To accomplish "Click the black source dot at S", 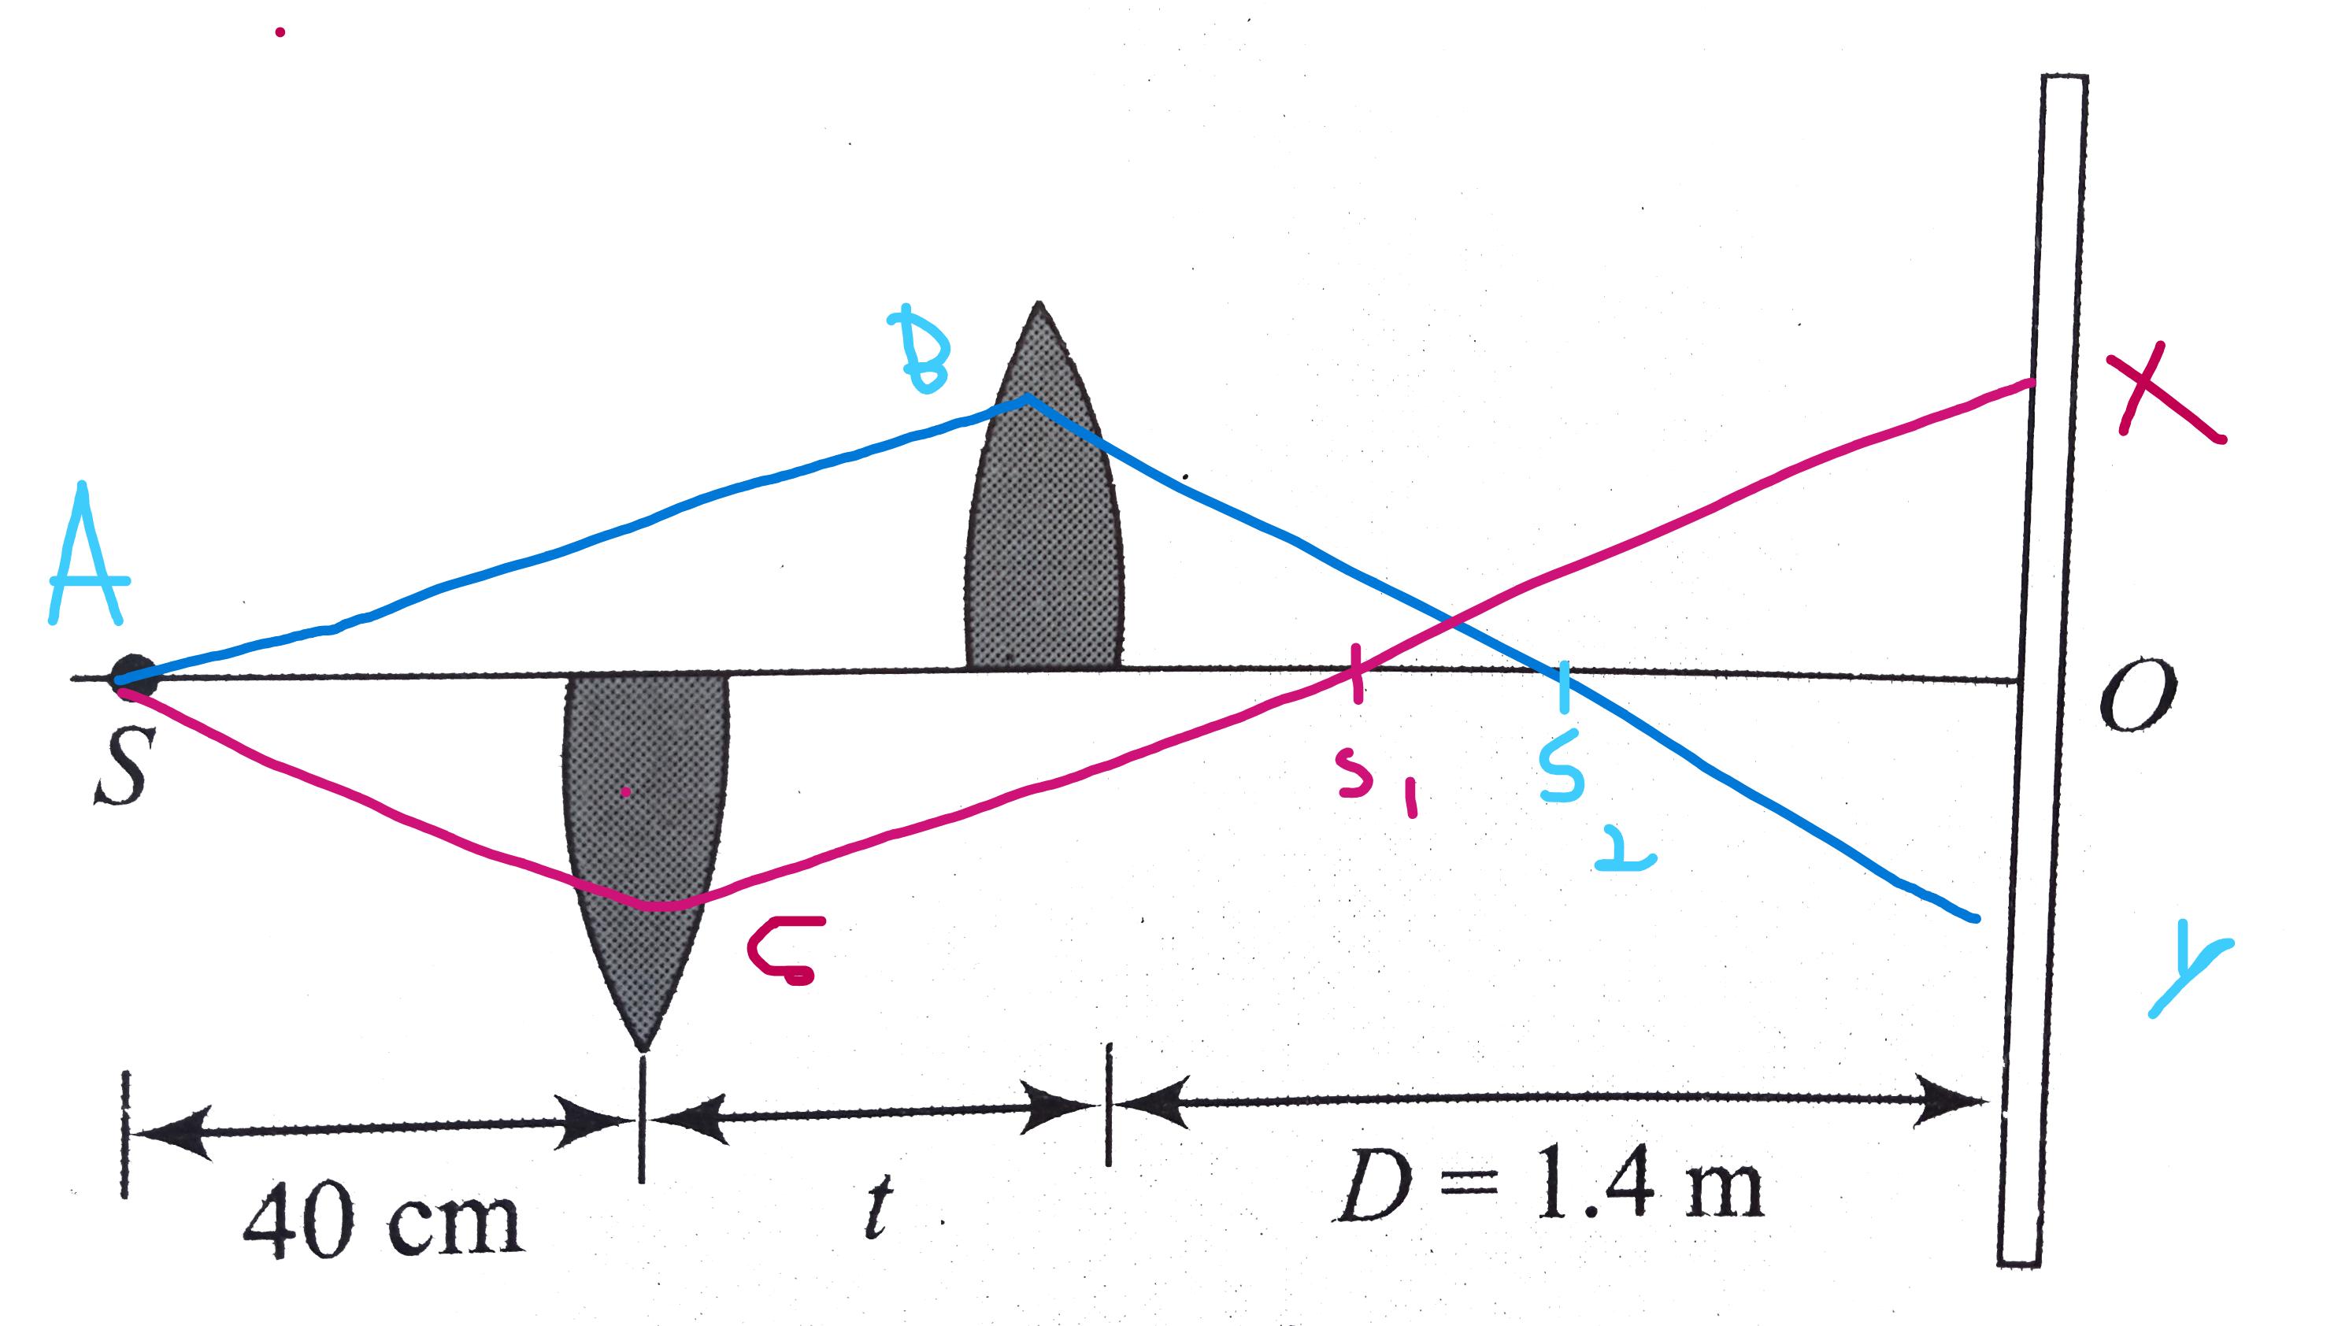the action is point(133,676).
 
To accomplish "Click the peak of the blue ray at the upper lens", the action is point(1028,397).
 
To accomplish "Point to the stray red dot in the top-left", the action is point(280,33).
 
